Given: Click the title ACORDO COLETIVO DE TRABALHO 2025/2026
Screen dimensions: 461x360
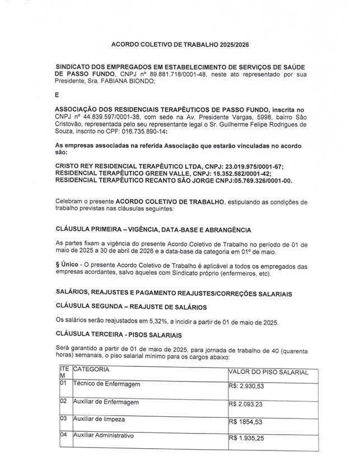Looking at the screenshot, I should [x=180, y=43].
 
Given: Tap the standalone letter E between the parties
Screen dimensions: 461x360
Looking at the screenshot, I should [x=57, y=95].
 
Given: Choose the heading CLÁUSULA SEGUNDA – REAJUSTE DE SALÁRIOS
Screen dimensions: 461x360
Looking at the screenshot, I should [x=131, y=307].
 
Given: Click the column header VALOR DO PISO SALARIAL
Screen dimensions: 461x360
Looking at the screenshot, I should [x=268, y=372].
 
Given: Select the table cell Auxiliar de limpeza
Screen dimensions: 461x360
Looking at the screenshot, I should [x=99, y=418].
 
